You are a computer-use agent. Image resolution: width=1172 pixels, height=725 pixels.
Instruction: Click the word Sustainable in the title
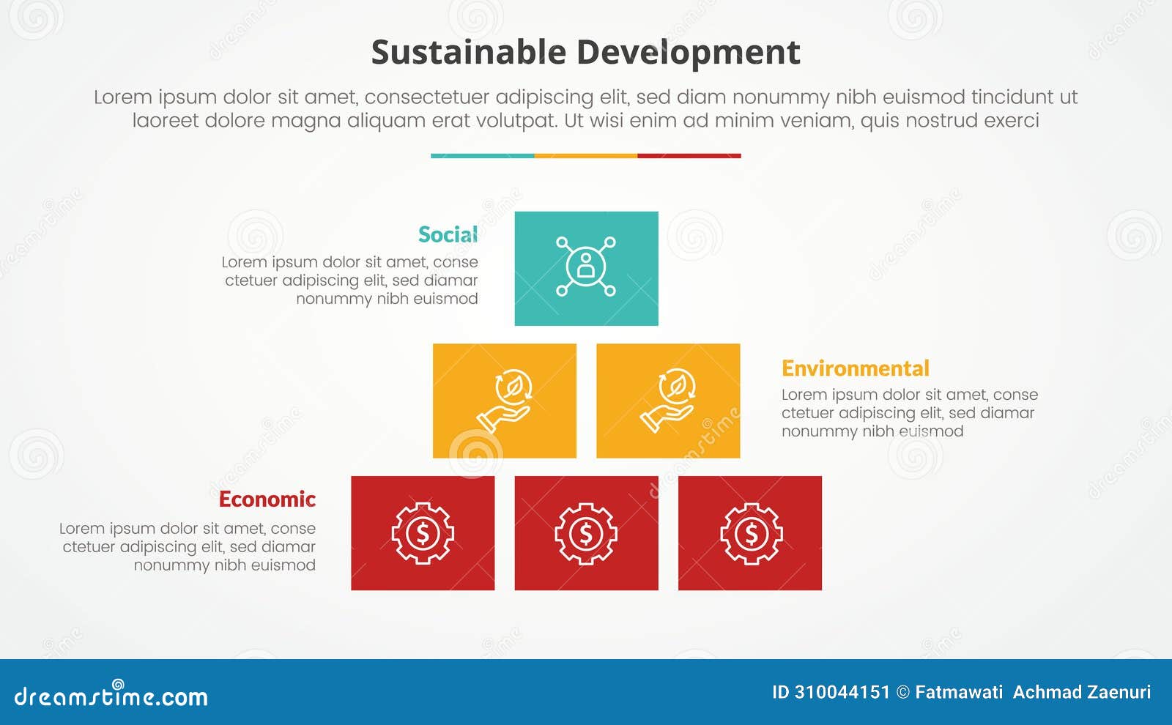coord(468,53)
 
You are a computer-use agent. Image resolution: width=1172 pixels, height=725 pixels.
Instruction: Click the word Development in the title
coord(688,53)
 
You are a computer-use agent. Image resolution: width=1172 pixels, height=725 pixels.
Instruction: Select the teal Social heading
coord(448,234)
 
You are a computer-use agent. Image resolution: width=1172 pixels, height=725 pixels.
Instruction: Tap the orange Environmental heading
coord(855,368)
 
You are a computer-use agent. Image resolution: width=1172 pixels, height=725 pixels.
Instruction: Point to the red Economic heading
coord(267,499)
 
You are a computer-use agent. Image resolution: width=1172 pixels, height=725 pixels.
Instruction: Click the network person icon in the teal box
coord(586,266)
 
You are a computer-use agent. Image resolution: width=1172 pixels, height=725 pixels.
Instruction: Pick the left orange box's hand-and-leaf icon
coord(505,400)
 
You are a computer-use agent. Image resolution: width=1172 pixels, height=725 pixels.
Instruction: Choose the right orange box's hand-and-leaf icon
coord(668,400)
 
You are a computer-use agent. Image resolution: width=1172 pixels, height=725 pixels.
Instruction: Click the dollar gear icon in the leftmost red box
coord(423,533)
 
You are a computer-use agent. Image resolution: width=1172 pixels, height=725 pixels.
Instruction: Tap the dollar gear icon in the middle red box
coord(586,533)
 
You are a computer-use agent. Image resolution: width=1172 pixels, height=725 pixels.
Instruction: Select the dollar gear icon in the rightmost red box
coord(751,533)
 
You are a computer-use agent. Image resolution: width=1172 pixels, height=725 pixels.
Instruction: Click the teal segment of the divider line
coord(482,156)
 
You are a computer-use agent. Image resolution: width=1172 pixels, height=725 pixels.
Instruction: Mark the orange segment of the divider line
coord(586,156)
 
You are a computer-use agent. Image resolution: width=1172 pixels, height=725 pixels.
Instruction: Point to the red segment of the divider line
coord(689,156)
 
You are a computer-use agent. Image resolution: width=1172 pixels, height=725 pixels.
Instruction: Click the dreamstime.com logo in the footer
coord(111,695)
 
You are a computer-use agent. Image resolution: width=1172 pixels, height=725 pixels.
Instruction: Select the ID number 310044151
coord(842,692)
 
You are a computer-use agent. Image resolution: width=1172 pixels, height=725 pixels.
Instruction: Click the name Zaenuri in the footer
coord(1120,692)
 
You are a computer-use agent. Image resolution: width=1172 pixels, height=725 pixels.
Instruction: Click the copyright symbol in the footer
coord(902,692)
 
